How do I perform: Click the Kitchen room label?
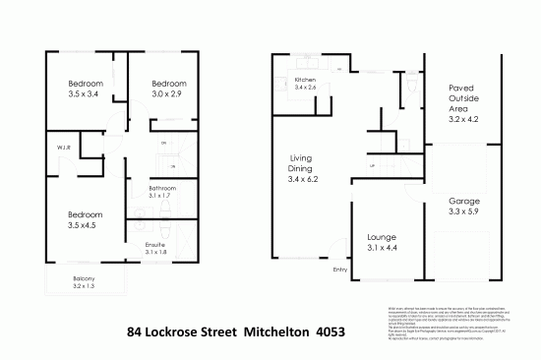(305, 80)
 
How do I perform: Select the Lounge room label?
(381, 237)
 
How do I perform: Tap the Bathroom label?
(161, 187)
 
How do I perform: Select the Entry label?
(341, 269)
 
